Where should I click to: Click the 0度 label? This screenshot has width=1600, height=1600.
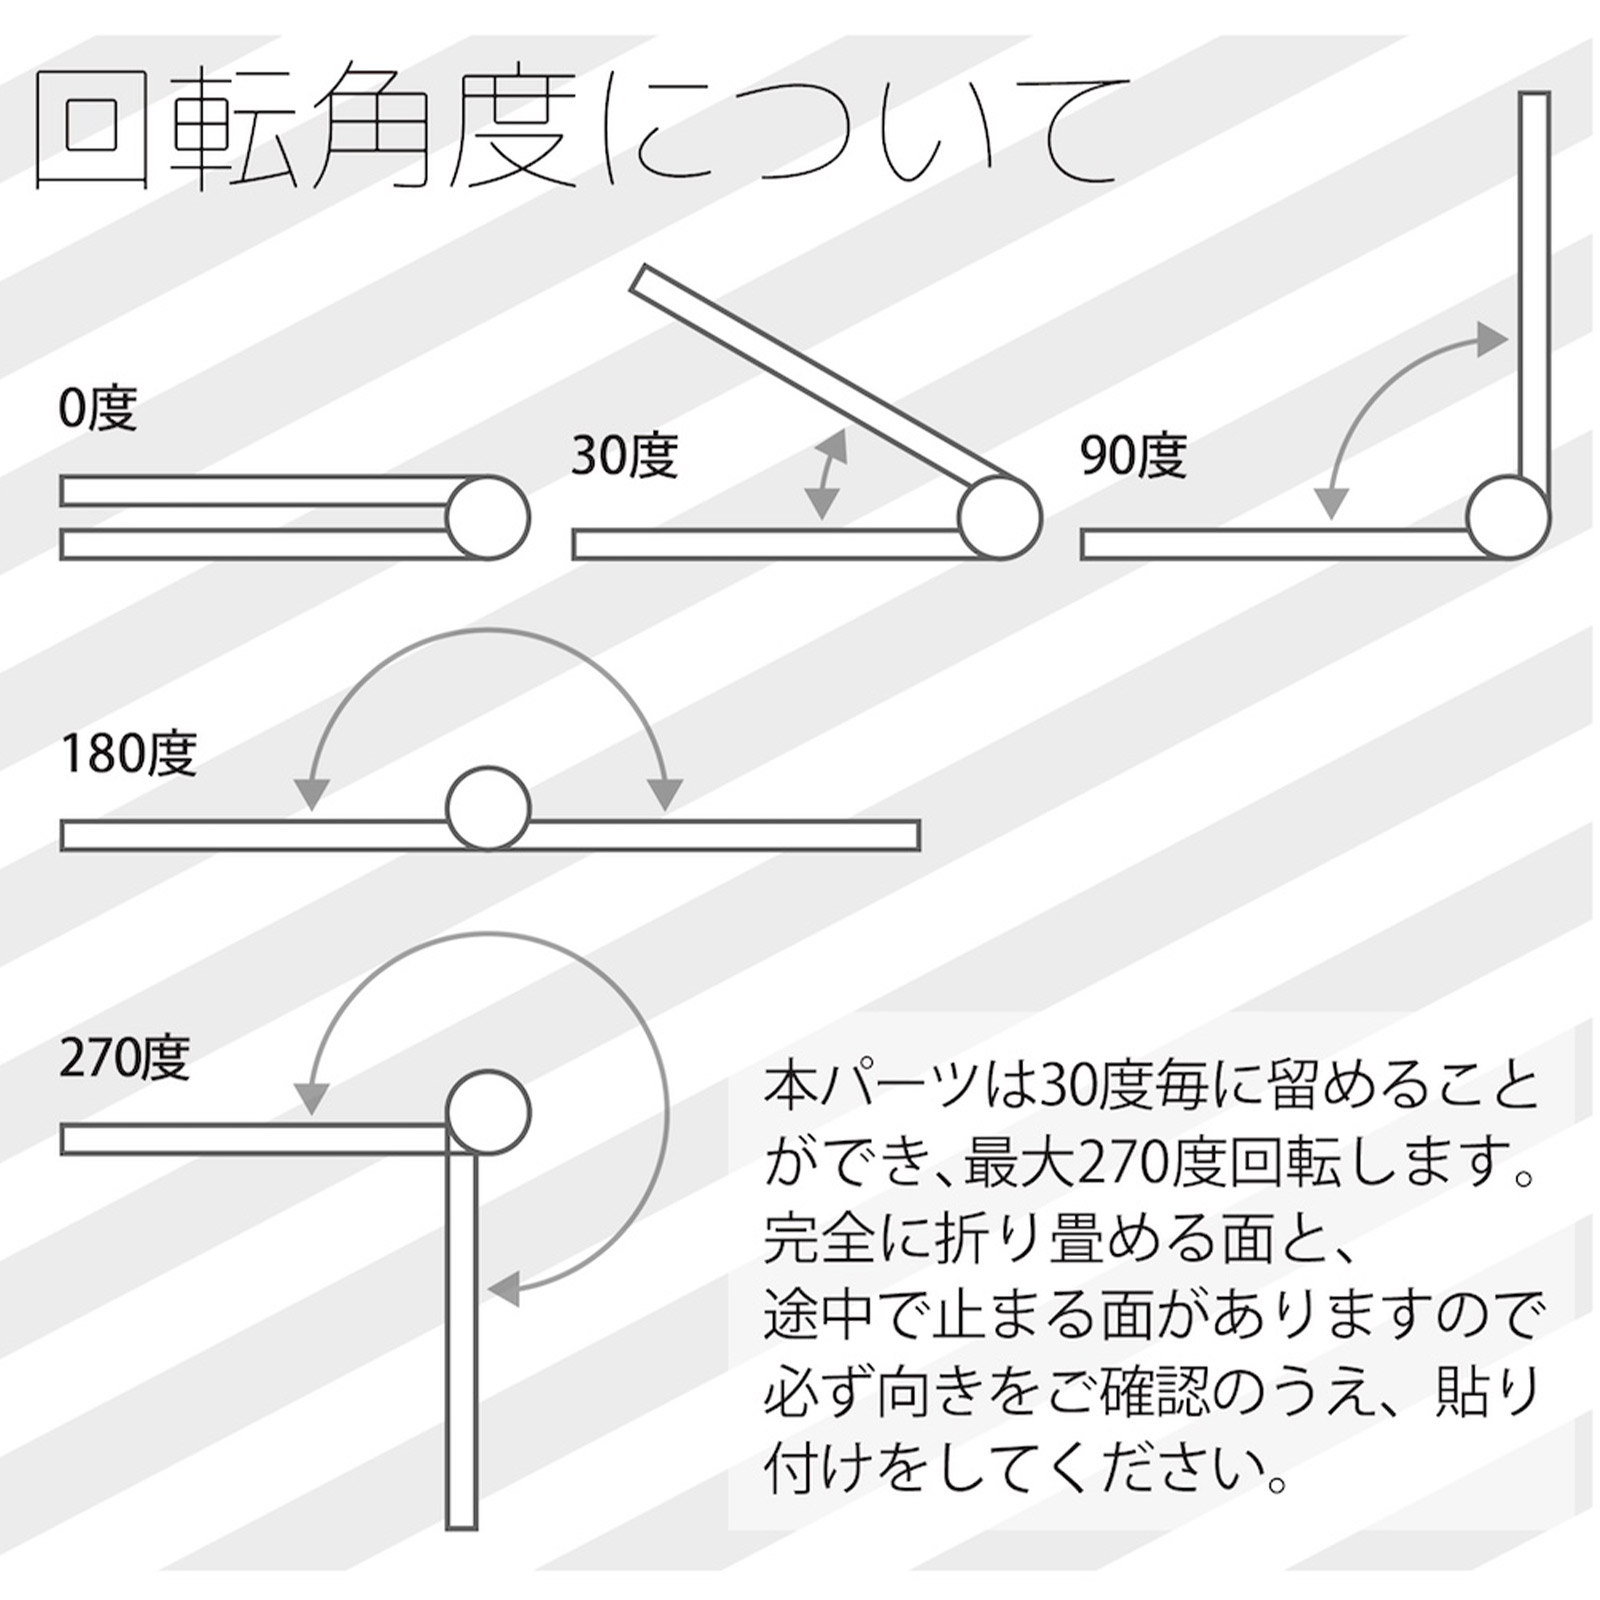[x=97, y=408]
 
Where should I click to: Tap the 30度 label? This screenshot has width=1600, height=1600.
[x=624, y=456]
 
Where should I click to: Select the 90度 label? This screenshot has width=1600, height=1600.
[x=1133, y=456]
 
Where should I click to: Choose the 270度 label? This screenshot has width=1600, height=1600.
[x=125, y=1058]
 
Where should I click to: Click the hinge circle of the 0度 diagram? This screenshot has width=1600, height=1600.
[x=487, y=517]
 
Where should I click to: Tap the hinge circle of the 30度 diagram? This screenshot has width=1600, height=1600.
[x=1000, y=517]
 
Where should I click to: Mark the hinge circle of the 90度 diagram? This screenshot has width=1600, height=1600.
[x=1509, y=517]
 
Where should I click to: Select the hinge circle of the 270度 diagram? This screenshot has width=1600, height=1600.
[x=488, y=1112]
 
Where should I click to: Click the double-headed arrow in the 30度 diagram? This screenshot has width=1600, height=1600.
[x=826, y=475]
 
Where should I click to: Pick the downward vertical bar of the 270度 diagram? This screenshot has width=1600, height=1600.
[x=462, y=1340]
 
